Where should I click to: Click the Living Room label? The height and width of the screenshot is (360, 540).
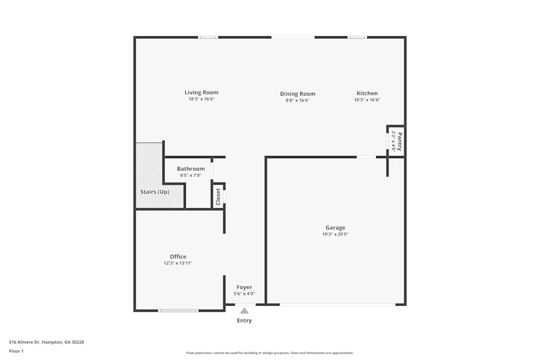201,92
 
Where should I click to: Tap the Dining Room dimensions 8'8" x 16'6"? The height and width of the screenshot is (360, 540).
298,100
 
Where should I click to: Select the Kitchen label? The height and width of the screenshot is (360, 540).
367,93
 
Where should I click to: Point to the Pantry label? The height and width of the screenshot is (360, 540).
400,141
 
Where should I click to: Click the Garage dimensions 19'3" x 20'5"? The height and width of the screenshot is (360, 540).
335,234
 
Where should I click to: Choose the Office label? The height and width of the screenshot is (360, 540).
178,256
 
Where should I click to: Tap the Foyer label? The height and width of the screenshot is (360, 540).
244,287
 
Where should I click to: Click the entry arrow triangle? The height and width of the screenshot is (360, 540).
244,310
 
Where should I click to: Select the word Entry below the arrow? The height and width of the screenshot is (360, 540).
244,321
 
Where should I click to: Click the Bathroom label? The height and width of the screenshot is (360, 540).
191,169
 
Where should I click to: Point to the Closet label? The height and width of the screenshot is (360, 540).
218,196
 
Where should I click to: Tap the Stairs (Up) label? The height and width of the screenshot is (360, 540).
155,192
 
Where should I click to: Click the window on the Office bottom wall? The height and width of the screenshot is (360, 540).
178,310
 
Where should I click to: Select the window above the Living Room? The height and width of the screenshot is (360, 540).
208,37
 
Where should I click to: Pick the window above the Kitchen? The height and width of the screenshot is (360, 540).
356,37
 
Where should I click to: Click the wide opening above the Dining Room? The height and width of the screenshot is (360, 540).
293,37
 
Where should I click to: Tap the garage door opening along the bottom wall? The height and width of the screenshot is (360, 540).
337,305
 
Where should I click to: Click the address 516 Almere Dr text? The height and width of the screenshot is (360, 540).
46,342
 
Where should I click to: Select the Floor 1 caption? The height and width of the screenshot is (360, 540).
16,351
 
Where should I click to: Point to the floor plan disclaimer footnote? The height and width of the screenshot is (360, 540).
270,353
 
